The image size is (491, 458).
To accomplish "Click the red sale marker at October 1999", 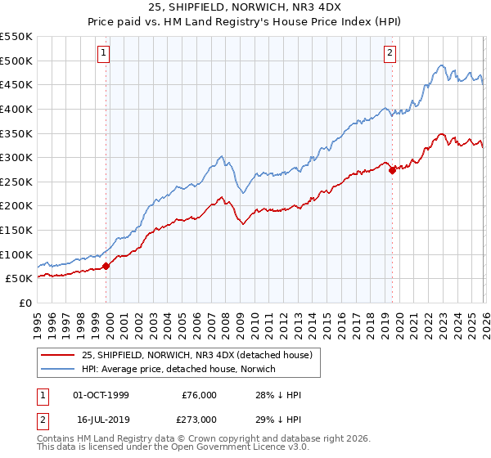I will coord(106,266).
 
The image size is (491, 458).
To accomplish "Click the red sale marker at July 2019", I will coord(392,170).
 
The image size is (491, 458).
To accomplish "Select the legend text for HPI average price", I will coord(179,370).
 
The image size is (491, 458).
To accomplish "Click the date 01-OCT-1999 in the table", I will coord(101,395).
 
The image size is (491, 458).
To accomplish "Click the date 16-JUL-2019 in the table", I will coord(101,418).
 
